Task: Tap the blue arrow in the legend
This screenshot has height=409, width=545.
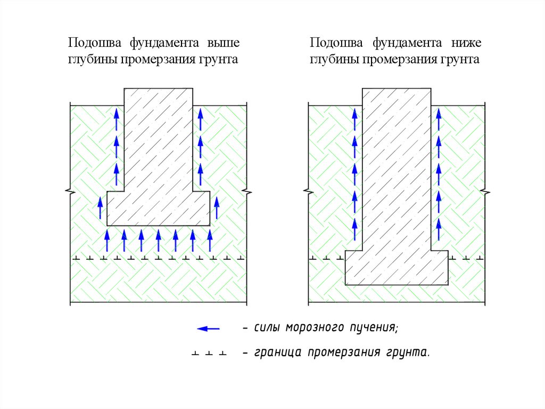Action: pos(208,328)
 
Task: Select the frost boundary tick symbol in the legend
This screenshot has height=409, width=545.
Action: pos(209,353)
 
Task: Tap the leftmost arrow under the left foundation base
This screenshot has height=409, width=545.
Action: pos(107,240)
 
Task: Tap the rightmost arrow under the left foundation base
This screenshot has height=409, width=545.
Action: pos(210,240)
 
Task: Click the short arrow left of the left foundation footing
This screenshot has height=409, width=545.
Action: pos(100,207)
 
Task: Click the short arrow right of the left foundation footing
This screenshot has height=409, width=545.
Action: pos(217,207)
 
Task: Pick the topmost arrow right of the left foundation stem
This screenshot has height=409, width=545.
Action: pos(200,118)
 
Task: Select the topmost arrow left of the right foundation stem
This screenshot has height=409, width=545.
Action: pos(354,118)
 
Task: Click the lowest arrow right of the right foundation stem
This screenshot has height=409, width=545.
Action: pos(439,229)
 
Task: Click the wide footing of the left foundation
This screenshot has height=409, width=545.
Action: pos(158,208)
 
